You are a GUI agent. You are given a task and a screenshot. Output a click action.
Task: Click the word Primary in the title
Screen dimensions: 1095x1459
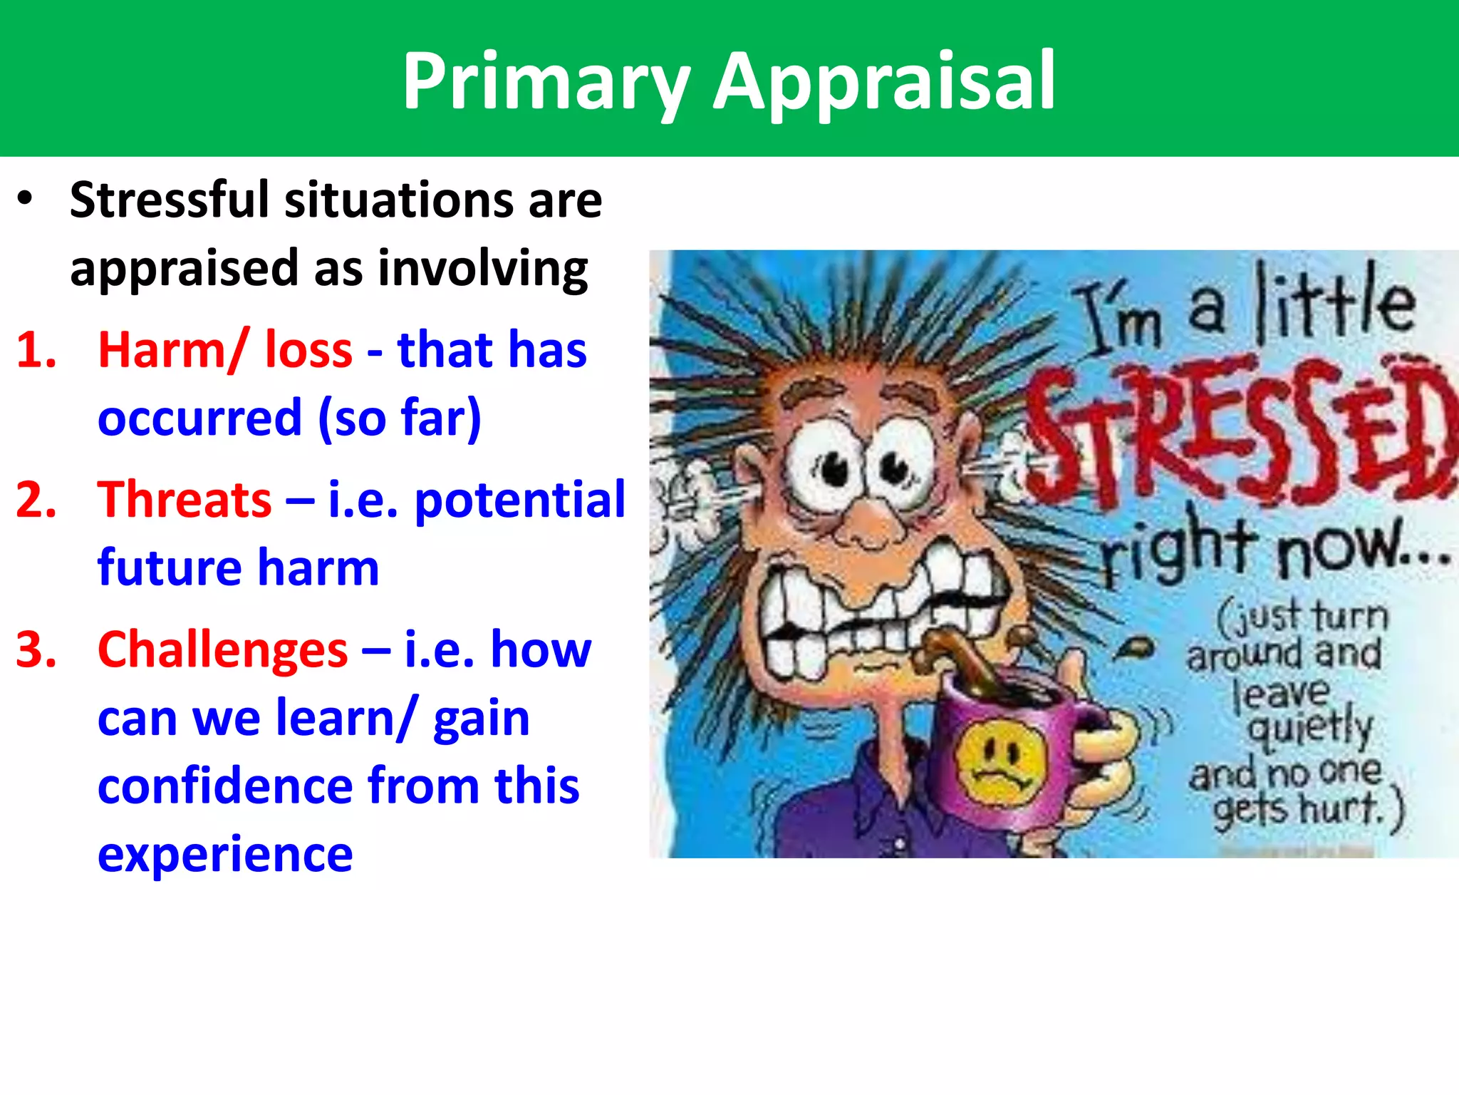pos(546,81)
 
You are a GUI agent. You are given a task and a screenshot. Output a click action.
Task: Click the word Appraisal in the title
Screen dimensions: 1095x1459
pos(884,81)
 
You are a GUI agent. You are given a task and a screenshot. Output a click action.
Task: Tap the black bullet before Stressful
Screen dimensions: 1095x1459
pos(26,199)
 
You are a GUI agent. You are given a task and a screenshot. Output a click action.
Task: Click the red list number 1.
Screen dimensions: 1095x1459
pos(36,350)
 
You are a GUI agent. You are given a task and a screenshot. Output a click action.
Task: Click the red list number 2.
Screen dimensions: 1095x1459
pos(36,499)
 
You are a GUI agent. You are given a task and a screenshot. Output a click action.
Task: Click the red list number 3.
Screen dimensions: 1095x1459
pos(36,649)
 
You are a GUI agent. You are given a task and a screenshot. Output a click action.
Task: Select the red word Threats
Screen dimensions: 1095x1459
pos(185,499)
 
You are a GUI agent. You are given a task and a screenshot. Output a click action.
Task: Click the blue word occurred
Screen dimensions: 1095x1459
pos(200,418)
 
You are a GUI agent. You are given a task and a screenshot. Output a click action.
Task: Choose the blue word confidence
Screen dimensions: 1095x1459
pos(225,786)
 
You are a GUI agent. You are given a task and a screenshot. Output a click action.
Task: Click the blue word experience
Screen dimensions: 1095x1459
pos(225,854)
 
